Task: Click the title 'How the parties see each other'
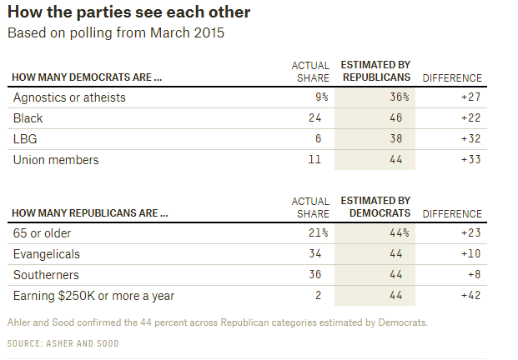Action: (128, 13)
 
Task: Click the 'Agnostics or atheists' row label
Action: (69, 97)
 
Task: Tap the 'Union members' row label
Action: (56, 159)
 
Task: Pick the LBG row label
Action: (25, 138)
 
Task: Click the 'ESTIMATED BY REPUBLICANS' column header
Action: (375, 72)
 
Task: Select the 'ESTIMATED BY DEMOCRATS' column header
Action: (375, 207)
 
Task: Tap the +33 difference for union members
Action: (471, 159)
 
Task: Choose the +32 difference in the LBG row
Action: (471, 138)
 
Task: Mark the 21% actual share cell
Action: (318, 233)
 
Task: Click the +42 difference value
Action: (471, 295)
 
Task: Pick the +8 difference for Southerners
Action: (475, 274)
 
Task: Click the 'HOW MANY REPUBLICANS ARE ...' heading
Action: (90, 213)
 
